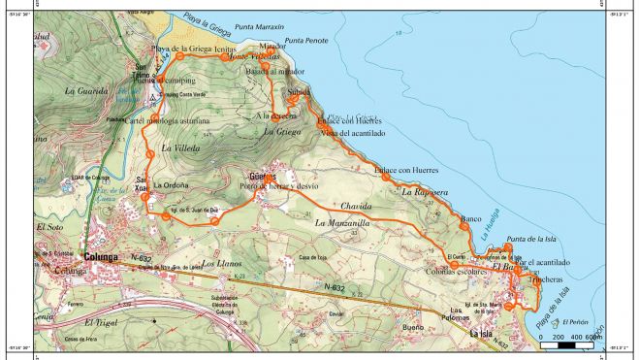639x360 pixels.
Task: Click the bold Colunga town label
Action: tap(101, 257)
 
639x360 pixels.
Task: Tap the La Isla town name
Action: tap(482, 334)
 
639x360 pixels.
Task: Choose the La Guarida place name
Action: tap(84, 91)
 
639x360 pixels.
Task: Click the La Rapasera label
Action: tap(425, 193)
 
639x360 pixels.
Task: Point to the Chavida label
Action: tap(357, 207)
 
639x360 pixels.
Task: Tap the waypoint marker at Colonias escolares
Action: tap(453, 264)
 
